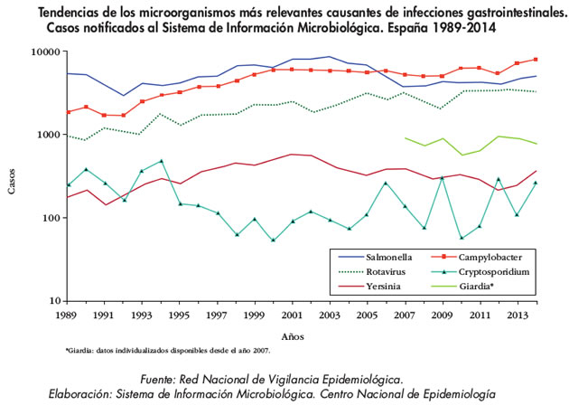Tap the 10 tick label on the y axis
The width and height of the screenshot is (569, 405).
[x=51, y=301]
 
